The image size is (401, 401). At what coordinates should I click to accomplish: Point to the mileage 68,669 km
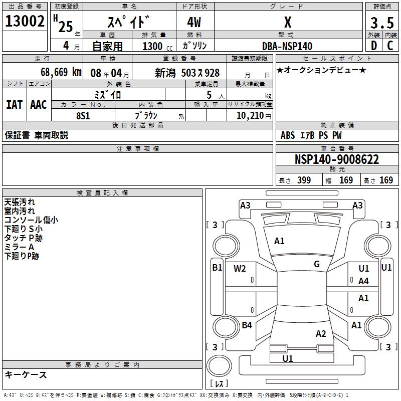[x=61, y=72]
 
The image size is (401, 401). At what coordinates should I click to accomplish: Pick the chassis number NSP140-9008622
[x=336, y=159]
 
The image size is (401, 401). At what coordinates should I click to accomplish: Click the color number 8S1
[x=83, y=115]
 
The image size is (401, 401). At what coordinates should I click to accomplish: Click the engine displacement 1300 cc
[x=156, y=46]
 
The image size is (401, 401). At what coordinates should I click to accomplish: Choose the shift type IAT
[x=14, y=105]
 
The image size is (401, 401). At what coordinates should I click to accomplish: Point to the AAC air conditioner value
[x=38, y=105]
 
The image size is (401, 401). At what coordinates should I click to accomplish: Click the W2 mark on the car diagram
[x=240, y=268]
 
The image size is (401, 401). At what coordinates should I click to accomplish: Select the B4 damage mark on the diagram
[x=247, y=325]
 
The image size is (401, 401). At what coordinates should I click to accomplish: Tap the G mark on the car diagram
[x=317, y=264]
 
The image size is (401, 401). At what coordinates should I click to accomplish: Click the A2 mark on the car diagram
[x=321, y=334]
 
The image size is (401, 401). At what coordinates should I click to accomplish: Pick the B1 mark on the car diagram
[x=217, y=268]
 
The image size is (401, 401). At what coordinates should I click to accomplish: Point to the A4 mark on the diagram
[x=363, y=281]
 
